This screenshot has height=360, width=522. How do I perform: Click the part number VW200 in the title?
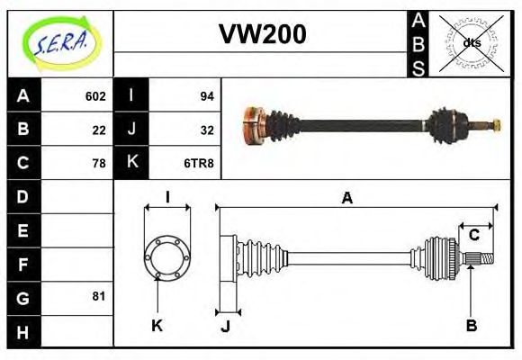pos(262,34)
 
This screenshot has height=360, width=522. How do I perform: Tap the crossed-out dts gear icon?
pos(471,42)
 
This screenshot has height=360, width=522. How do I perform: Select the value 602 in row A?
pos(95,96)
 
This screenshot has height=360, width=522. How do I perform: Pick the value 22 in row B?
pos(99,130)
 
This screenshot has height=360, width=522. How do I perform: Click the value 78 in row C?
pos(99,163)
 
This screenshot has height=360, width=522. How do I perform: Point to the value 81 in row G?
pos(99,296)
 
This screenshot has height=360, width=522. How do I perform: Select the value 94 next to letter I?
pos(206,96)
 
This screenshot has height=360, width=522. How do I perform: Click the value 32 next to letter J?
pos(206,130)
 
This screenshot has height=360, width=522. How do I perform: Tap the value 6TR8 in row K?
pos(200,163)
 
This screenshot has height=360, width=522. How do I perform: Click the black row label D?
pos(23,196)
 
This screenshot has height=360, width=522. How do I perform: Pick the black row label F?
pos(23,264)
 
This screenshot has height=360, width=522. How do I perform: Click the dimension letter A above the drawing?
pos(346,198)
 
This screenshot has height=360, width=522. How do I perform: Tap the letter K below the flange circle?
pos(157,325)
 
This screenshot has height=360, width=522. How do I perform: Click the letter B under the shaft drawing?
pos(471,325)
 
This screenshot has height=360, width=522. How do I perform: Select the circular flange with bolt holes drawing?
pos(166,256)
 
